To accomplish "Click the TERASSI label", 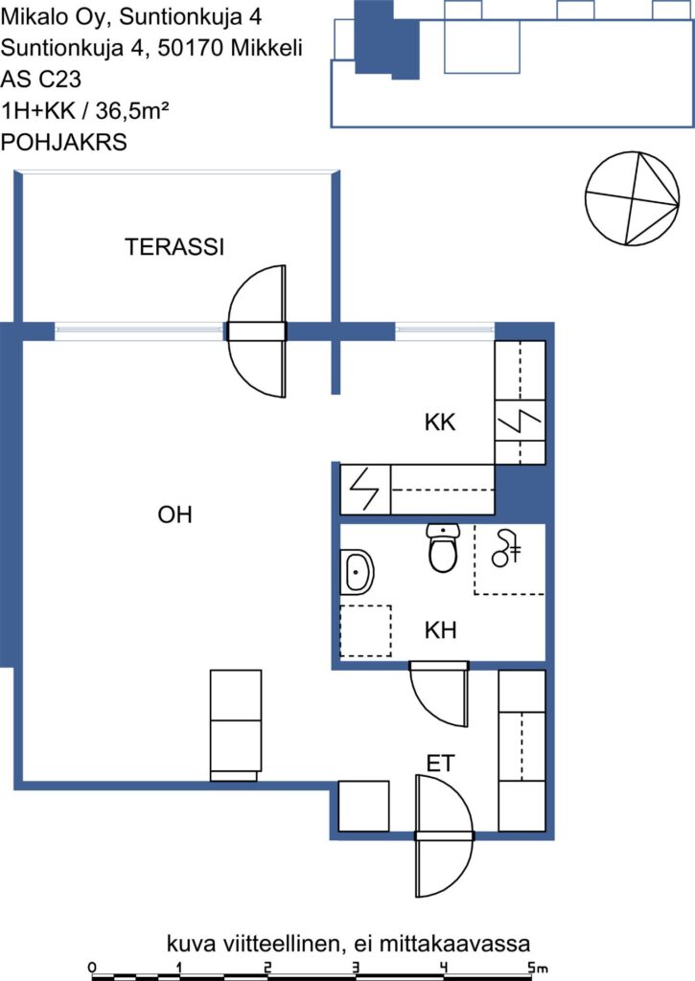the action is click(174, 247).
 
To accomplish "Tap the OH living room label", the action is click(174, 514).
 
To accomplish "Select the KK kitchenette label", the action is click(440, 422).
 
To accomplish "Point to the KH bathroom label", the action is click(440, 630).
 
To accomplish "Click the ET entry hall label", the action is click(440, 764).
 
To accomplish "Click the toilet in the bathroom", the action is click(443, 548).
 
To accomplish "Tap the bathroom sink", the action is click(357, 572).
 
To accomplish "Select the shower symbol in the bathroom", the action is click(506, 548).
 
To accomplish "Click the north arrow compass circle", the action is click(633, 197).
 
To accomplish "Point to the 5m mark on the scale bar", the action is click(537, 968).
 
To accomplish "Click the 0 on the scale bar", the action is click(93, 968).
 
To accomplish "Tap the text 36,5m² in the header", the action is click(132, 111).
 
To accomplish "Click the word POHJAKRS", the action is click(64, 143).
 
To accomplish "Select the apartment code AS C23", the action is click(41, 80).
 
